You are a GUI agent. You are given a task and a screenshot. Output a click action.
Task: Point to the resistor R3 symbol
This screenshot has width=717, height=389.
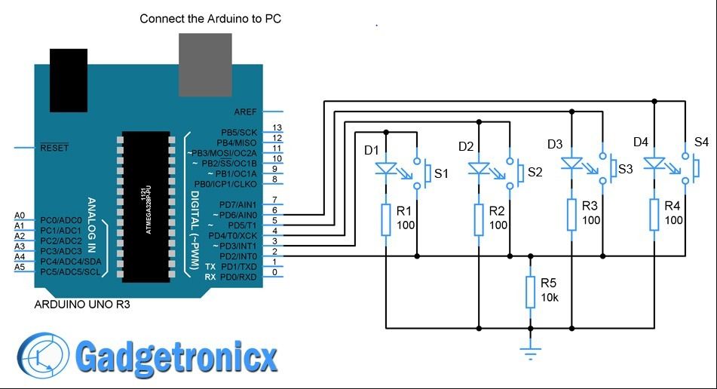tap(571, 214)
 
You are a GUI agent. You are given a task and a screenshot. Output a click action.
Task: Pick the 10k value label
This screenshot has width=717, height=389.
tap(550, 298)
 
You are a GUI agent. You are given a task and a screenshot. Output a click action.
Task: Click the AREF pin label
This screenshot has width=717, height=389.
tap(246, 112)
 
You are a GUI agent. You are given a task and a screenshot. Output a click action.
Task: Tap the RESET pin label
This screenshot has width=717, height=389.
tap(54, 148)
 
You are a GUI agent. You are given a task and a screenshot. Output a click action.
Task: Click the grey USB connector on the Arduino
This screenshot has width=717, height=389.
tap(206, 64)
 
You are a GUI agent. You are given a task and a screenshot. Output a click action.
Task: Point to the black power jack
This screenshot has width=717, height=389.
tap(69, 79)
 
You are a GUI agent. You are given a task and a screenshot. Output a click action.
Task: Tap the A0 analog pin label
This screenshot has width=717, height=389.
tap(20, 216)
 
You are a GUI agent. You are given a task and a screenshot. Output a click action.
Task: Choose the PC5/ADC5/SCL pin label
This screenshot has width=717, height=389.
tap(69, 271)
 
